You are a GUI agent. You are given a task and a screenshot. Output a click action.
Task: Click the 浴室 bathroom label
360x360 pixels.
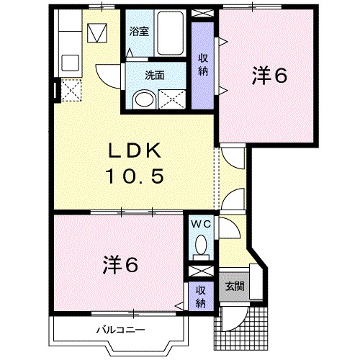pyautogui.click(x=139, y=31)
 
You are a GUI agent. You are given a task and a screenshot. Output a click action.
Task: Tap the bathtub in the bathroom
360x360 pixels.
pyautogui.click(x=171, y=32)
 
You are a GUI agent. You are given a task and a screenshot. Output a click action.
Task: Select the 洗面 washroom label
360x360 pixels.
pyautogui.click(x=155, y=76)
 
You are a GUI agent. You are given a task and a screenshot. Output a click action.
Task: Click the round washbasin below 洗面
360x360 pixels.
pyautogui.click(x=144, y=99)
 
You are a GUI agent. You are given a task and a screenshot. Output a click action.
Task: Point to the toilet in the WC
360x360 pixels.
pyautogui.click(x=201, y=247)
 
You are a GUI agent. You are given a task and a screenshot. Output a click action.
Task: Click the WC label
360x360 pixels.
pyautogui.click(x=201, y=225)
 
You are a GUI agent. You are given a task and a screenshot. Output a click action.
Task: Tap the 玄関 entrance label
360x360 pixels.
pyautogui.click(x=235, y=286)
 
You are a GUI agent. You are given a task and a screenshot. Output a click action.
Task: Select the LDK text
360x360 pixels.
pyautogui.click(x=135, y=150)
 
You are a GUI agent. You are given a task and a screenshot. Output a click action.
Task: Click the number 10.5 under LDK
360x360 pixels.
pyautogui.click(x=135, y=176)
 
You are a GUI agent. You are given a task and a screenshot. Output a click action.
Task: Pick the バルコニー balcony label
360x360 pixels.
pyautogui.click(x=121, y=330)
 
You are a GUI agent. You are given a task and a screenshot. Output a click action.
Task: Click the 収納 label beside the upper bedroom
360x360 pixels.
pyautogui.click(x=203, y=65)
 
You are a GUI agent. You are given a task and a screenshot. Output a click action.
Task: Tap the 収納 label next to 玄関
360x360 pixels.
pyautogui.click(x=201, y=297)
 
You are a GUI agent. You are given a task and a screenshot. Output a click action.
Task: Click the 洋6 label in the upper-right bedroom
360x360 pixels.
pyautogui.click(x=269, y=76)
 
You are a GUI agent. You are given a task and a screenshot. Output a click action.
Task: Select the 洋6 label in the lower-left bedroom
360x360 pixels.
pyautogui.click(x=120, y=265)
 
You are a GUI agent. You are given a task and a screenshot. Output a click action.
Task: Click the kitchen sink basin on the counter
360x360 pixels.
pyautogui.click(x=71, y=63)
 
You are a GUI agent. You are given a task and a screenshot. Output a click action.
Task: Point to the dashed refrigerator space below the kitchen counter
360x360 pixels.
pyautogui.click(x=71, y=90)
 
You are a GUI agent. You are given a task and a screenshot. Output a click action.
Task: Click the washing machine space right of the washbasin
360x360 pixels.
pyautogui.click(x=172, y=99)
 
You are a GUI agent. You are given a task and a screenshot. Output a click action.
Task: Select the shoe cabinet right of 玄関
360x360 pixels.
pyautogui.click(x=256, y=282)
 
